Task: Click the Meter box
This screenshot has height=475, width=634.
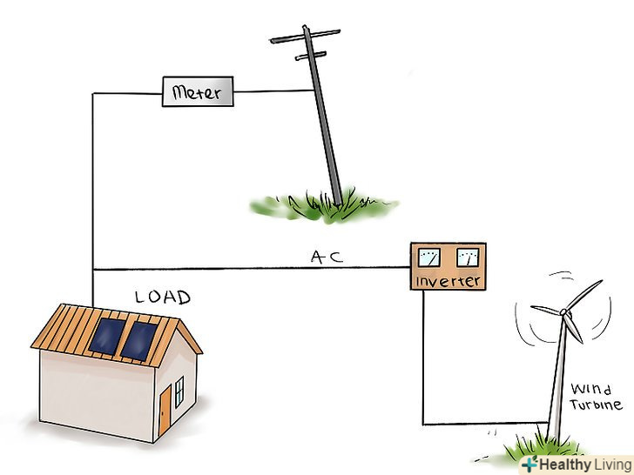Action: [198, 91]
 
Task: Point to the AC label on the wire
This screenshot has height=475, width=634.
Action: [327, 258]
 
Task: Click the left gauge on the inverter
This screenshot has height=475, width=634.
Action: [429, 258]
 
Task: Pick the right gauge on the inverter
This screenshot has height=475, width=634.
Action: [467, 258]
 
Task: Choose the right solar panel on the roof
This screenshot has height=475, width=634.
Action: [137, 340]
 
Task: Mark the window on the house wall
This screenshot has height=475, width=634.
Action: [179, 393]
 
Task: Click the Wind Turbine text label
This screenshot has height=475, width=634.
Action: [596, 397]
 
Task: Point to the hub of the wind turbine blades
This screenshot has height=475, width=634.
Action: [564, 311]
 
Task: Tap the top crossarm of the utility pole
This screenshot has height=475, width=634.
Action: [304, 37]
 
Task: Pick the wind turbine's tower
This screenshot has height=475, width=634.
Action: [556, 383]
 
